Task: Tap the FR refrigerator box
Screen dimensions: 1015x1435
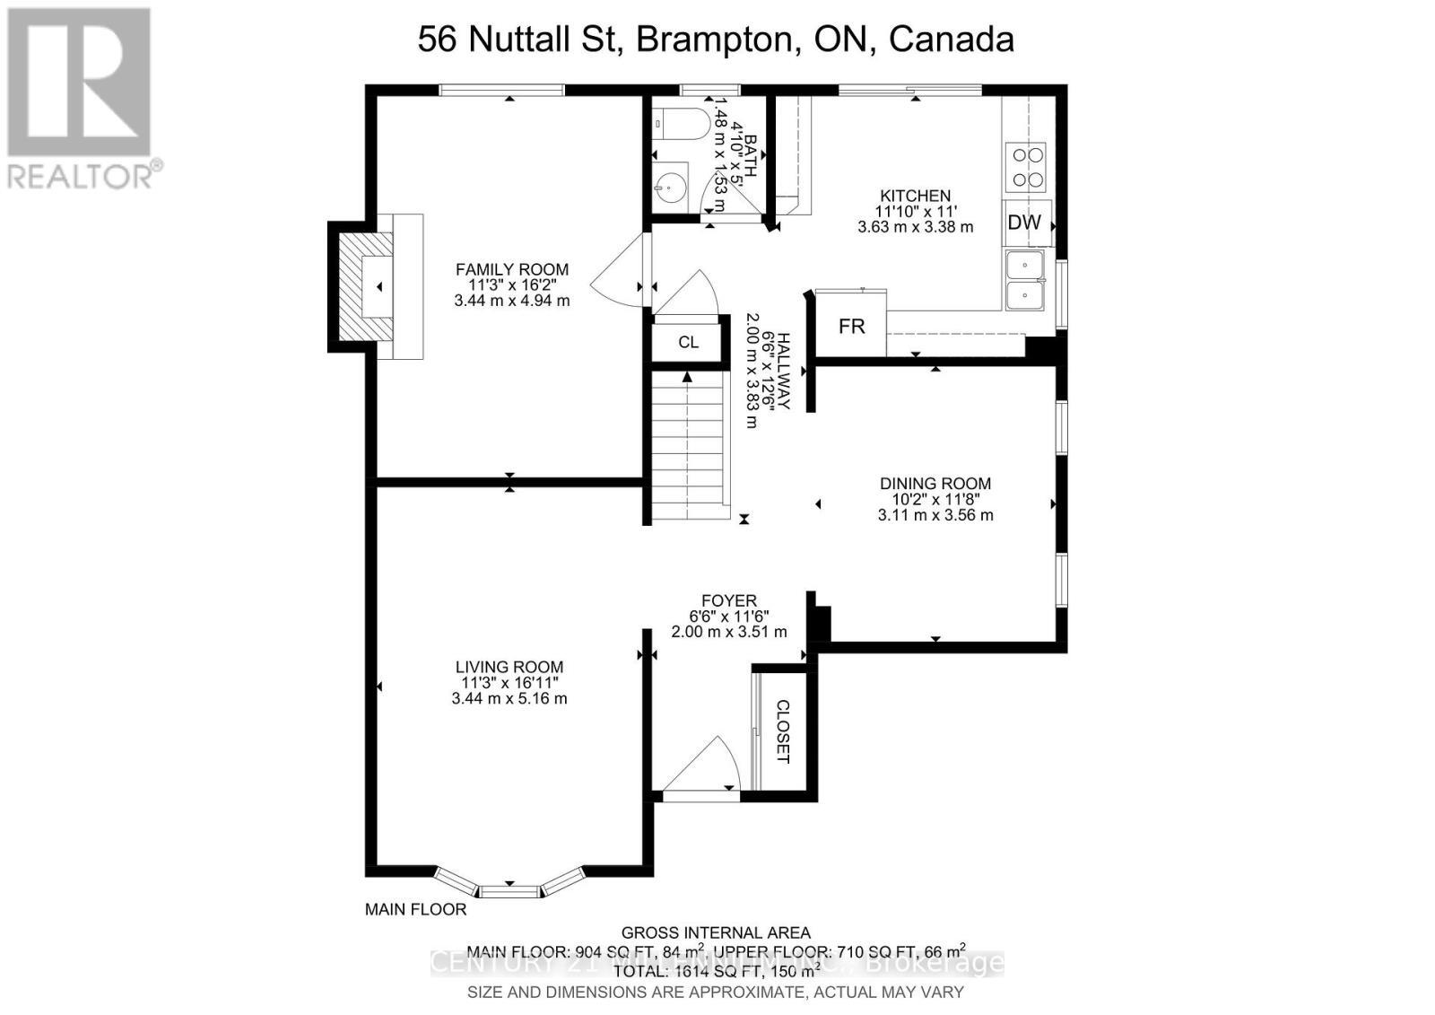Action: tap(851, 327)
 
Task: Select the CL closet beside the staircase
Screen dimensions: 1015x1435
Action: tap(688, 342)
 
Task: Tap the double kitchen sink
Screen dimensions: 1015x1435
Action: tap(1025, 281)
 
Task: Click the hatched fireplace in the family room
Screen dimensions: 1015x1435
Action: tap(363, 286)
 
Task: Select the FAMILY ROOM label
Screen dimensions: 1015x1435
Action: tap(511, 269)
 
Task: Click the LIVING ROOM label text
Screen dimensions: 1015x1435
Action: tap(509, 667)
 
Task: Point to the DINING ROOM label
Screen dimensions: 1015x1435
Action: tap(935, 484)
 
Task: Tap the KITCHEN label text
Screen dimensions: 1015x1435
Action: tap(915, 196)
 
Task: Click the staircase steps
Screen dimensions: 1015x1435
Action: tap(687, 449)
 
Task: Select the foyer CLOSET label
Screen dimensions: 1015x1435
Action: tap(782, 731)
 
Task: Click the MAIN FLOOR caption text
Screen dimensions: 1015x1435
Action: tap(415, 909)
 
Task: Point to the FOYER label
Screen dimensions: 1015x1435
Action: tap(728, 600)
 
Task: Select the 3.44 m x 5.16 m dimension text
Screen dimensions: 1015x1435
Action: tap(509, 698)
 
